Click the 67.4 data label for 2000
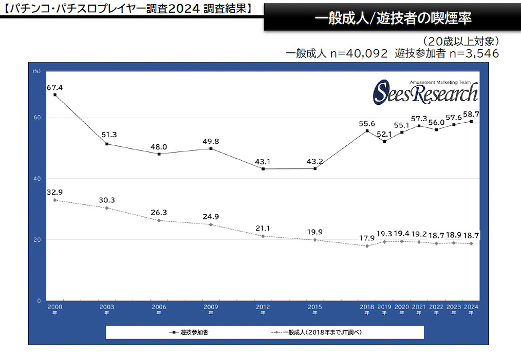[x=54, y=88]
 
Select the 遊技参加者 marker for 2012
[x=263, y=168]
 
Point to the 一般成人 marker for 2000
[x=54, y=200]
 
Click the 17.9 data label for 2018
[x=367, y=238]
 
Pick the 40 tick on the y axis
[x=37, y=179]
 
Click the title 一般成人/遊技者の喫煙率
[x=393, y=18]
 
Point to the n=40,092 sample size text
[x=359, y=53]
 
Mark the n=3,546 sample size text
[x=474, y=53]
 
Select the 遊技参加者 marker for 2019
[x=384, y=141]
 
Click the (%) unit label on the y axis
[x=36, y=71]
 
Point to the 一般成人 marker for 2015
[x=315, y=240]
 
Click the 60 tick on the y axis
[x=37, y=118]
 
